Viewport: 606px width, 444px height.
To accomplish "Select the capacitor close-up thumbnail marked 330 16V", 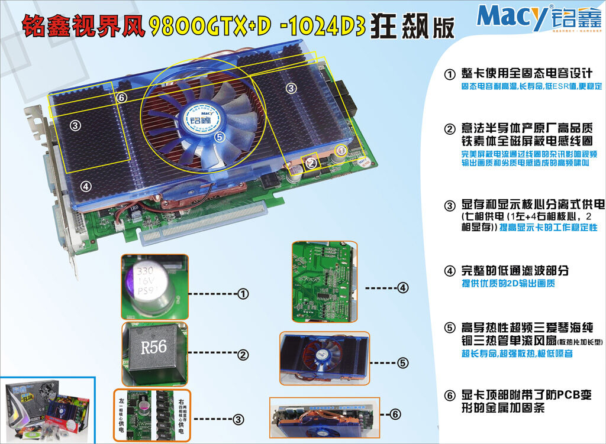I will coord(154,287).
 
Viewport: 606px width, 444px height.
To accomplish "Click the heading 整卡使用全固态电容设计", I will coord(526,74).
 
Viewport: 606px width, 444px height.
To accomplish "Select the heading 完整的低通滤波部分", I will coord(515,271).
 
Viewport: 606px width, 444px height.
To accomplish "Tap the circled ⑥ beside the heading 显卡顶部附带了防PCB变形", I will coord(450,396).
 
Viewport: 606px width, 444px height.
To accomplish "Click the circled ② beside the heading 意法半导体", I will coord(450,129).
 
